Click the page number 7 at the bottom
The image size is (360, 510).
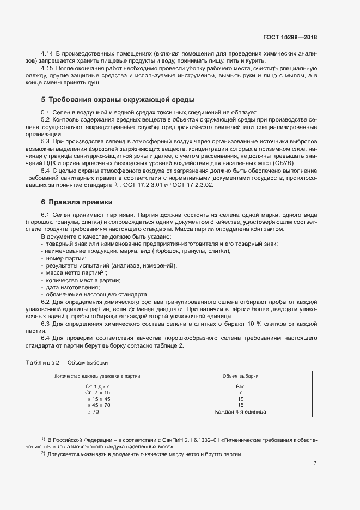pos(315,463)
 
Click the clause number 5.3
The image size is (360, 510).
pos(46,141)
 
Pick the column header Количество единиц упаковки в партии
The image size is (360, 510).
pos(97,376)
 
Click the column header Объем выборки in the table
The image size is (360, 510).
pos(240,376)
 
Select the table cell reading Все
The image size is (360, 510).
pos(240,386)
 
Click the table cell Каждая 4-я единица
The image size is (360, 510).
pos(240,412)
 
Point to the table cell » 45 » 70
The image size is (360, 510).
pos(99,405)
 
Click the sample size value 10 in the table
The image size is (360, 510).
pos(240,399)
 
